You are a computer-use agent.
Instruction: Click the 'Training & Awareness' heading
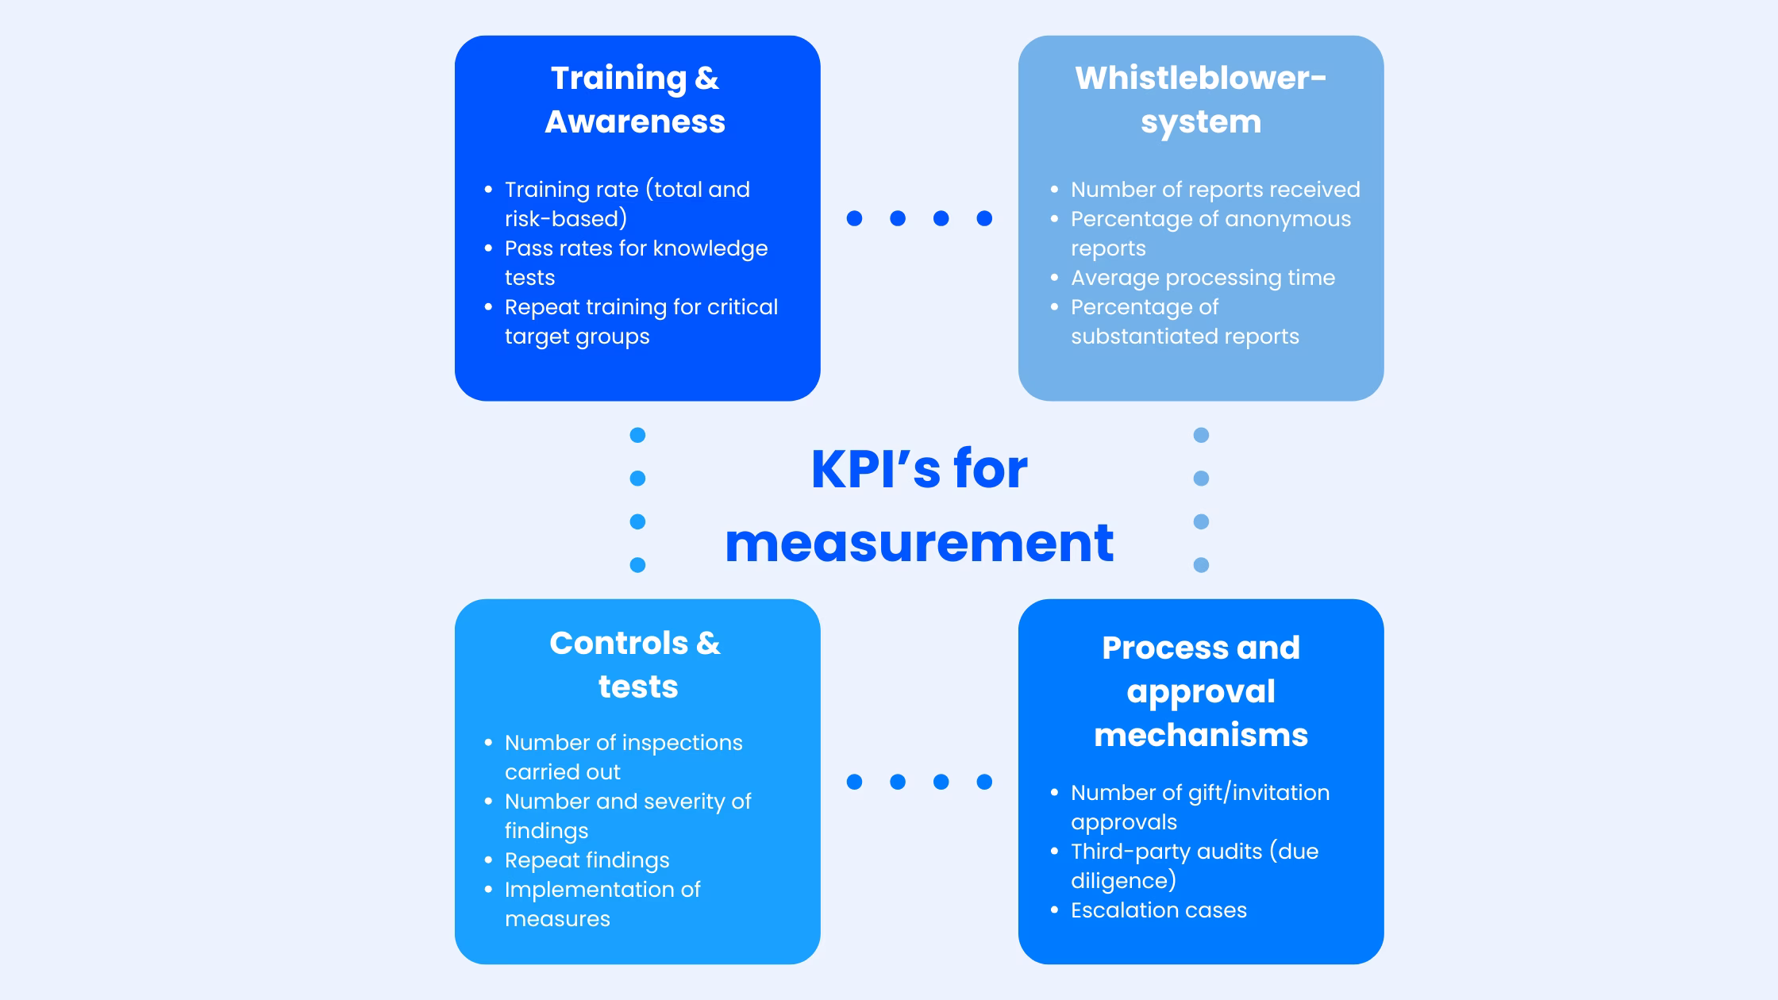tap(635, 100)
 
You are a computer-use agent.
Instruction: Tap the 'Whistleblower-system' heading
tap(1200, 100)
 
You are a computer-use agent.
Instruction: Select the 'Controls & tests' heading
tap(635, 664)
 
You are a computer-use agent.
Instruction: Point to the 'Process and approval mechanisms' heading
tap(1200, 690)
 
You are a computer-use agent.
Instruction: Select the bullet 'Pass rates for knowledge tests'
tap(635, 262)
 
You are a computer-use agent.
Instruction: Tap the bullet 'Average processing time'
tap(1202, 278)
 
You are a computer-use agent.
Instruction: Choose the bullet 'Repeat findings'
tap(587, 860)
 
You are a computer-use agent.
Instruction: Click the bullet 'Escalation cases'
tap(1158, 910)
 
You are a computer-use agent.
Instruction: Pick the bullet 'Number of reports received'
tap(1214, 190)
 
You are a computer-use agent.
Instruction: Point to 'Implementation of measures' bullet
tap(602, 903)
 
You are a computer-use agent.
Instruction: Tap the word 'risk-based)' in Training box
tap(565, 219)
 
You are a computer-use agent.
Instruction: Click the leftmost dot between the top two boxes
tap(854, 218)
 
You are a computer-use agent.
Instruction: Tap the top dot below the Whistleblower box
tap(1201, 435)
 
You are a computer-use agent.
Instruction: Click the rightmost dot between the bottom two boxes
tap(984, 782)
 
